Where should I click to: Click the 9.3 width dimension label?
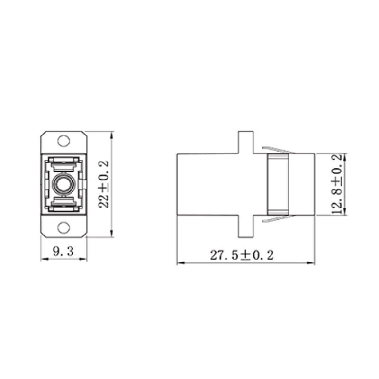[63, 252]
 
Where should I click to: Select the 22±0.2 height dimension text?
[104, 184]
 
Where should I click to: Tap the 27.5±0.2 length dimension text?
[242, 255]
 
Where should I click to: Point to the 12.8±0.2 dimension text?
[337, 184]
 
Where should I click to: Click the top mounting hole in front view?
[63, 141]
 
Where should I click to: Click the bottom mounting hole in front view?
[63, 227]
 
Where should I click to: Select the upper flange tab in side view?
[245, 142]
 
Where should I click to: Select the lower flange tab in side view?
[245, 226]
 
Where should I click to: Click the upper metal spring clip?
[279, 150]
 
